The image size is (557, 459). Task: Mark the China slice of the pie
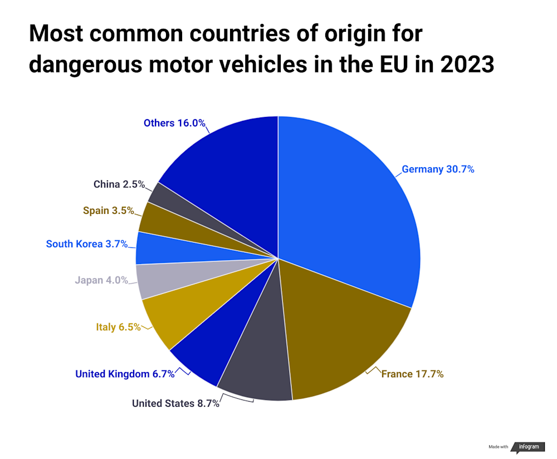(167, 198)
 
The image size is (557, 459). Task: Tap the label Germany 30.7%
(438, 169)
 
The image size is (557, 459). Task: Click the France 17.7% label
(412, 374)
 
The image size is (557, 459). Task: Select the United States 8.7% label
(175, 403)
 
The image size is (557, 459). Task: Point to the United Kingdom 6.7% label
(125, 374)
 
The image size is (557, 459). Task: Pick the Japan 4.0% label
(101, 280)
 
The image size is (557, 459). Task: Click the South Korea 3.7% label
(87, 244)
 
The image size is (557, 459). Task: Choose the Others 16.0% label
(174, 123)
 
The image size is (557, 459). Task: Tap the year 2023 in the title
(466, 65)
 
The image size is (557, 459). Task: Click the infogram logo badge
(529, 447)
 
